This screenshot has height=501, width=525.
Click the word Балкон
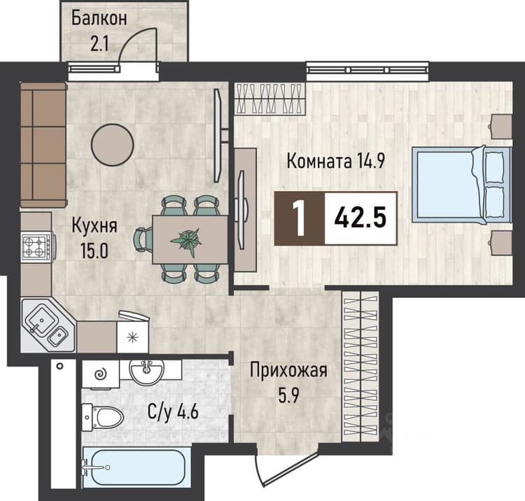[x=99, y=18]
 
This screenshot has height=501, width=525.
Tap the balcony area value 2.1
[x=99, y=43]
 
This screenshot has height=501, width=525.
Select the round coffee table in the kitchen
[x=113, y=145]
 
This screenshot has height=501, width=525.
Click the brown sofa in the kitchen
[x=43, y=145]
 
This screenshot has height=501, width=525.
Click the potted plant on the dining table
[x=186, y=240]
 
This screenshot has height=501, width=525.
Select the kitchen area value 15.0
[x=94, y=250]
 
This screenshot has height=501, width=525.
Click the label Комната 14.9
[x=336, y=161]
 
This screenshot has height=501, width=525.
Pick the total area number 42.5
[x=360, y=218]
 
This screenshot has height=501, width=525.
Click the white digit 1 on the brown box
[x=299, y=218]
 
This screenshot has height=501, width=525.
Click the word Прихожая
[x=288, y=371]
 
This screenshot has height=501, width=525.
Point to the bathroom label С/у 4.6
[x=173, y=412]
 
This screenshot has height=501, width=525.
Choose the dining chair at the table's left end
[x=143, y=239]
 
